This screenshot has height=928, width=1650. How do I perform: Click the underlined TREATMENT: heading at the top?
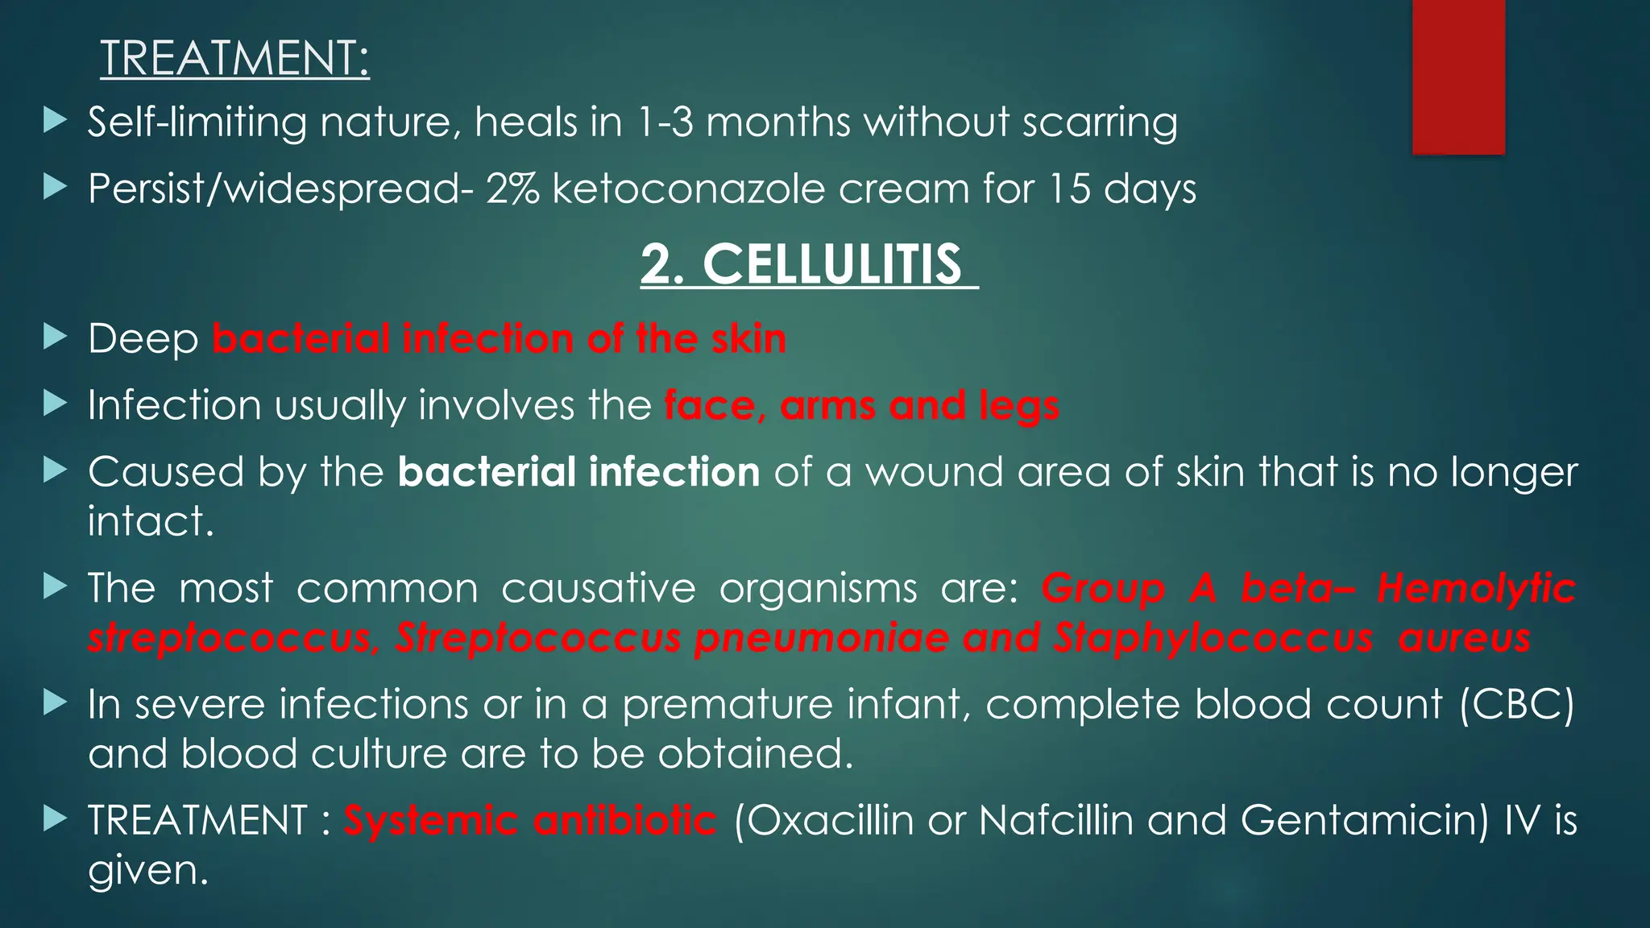pos(234,59)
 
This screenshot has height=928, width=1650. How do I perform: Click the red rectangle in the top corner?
pos(1458,77)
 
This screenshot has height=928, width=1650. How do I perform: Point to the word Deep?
pos(143,338)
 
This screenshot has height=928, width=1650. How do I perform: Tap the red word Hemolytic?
pos(1476,588)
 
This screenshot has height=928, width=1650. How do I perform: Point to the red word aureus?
pos(1464,638)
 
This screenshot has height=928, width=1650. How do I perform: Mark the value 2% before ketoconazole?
pos(512,189)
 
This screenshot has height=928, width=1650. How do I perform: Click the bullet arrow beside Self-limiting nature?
pos(56,122)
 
